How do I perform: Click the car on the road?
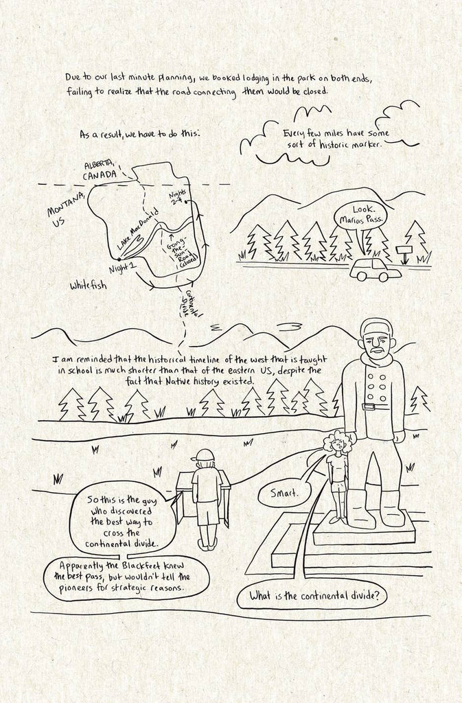coord(369,268)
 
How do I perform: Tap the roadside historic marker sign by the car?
coord(404,253)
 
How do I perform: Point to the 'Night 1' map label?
coord(122,268)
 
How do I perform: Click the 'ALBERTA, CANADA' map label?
coord(101,170)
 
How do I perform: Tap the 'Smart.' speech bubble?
coord(285,493)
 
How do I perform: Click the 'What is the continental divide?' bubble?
coord(314,597)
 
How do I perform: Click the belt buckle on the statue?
coord(369,406)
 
